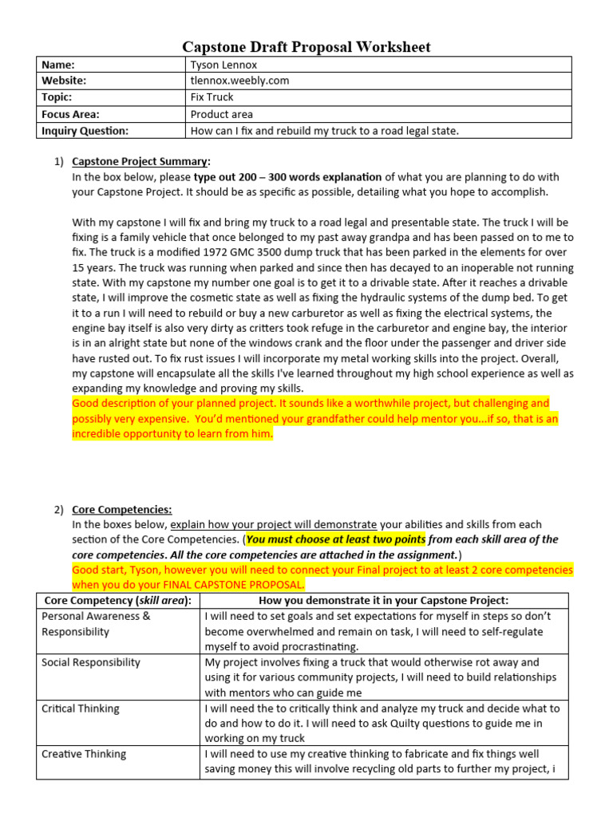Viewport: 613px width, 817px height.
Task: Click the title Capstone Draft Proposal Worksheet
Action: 306,47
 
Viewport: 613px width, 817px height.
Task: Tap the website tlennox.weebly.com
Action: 239,81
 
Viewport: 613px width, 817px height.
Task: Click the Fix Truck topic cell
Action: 212,97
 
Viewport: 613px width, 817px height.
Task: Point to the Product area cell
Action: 221,114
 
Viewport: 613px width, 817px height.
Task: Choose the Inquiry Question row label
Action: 85,131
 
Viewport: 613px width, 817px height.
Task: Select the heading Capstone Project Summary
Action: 140,161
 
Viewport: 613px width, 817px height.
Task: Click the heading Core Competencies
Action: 121,509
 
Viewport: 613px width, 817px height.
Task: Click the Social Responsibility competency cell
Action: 90,662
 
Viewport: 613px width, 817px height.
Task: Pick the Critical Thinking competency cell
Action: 80,708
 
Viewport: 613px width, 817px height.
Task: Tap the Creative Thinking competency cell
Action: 84,754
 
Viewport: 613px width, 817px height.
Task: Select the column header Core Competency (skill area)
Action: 117,600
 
